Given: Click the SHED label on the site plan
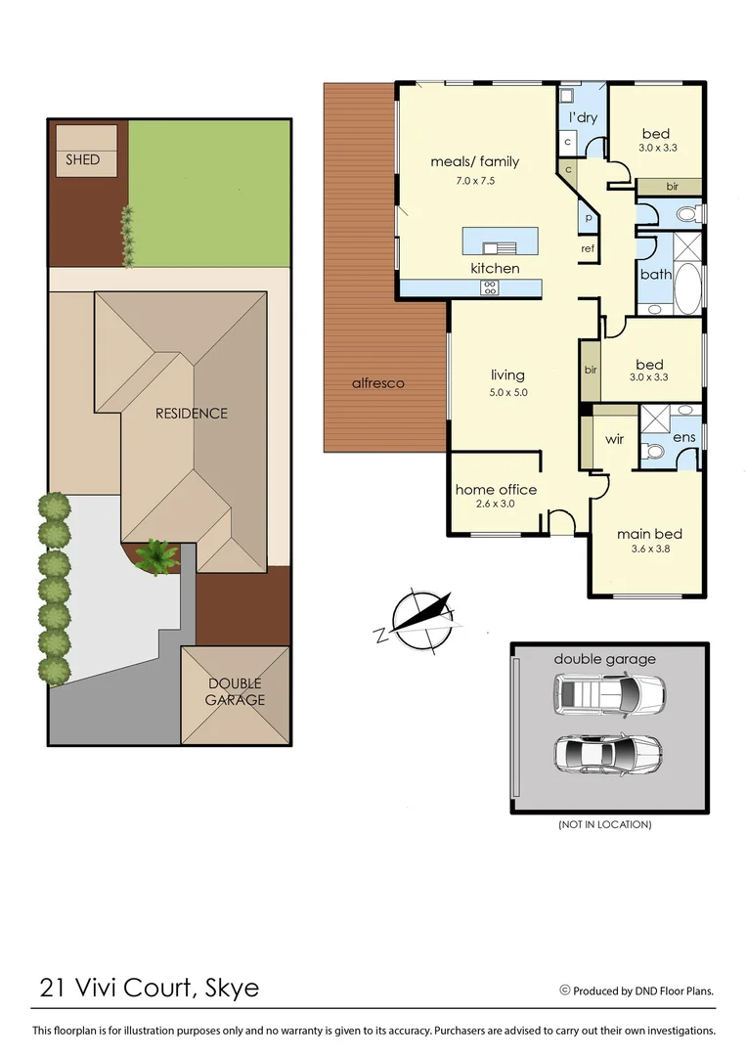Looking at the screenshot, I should pos(83,159).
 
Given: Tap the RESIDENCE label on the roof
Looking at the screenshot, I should pos(192,414).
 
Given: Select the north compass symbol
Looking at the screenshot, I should pos(420,620).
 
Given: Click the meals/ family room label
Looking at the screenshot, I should pos(475,161).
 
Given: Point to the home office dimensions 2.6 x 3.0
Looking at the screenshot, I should pos(496,505).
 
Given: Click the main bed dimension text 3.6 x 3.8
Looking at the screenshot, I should pos(648,550).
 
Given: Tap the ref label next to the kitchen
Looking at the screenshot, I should pos(588,248).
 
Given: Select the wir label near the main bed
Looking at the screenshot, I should pos(614,440).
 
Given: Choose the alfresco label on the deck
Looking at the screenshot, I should pos(378,383).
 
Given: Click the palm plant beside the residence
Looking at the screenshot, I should pos(155,557).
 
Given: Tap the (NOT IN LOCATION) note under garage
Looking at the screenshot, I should pos(605,825).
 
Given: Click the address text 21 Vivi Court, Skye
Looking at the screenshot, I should pos(150,988).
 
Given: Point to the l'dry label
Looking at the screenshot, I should pos(583,118).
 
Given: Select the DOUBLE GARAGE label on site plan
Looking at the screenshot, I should pos(235,692).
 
